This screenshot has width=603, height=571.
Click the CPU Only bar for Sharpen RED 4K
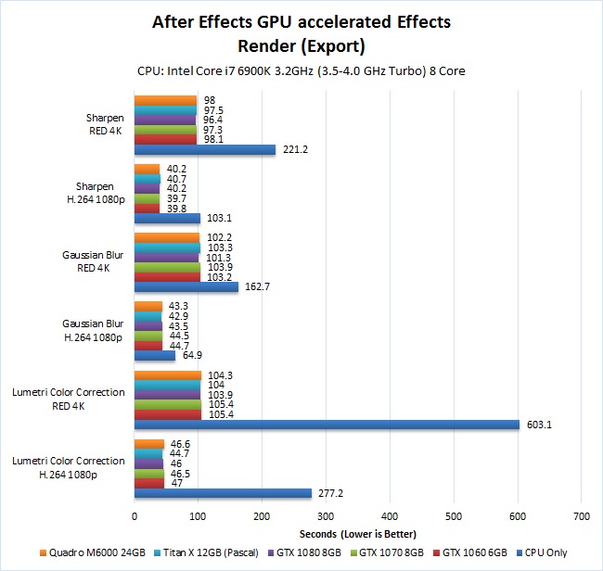205,150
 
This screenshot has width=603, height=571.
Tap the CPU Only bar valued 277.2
223,493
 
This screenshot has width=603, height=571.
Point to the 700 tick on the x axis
582,517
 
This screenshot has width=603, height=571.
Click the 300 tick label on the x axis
327,517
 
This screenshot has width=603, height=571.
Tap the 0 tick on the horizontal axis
135,517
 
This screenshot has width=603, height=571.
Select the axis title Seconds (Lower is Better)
358,534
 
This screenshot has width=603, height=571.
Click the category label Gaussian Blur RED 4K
94,261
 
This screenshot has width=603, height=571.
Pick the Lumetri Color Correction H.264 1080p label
69,467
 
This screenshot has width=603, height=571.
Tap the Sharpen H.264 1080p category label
94,192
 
